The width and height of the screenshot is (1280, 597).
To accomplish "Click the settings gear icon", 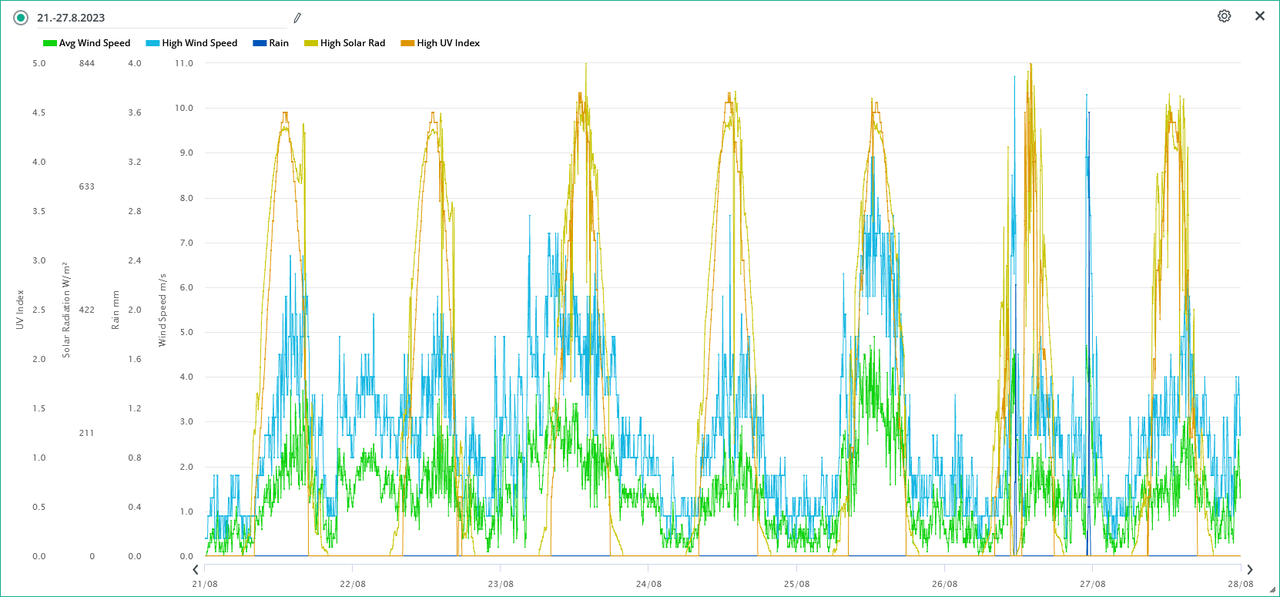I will (x=1224, y=16).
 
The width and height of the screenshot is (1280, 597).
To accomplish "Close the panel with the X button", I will (x=1260, y=16).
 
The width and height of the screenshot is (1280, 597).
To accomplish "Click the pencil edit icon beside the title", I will (x=297, y=18).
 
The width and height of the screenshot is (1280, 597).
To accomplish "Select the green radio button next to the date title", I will (x=21, y=18).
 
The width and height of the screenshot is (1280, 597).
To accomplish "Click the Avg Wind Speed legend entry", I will (x=87, y=43).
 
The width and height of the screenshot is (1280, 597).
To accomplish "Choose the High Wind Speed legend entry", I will (x=192, y=43).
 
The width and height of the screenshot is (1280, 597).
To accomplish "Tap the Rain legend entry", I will (x=271, y=43).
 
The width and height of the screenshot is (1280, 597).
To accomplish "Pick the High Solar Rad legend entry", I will (x=345, y=43).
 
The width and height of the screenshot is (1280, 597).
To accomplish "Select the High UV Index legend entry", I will (x=441, y=43).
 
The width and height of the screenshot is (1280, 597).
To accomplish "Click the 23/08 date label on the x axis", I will (x=501, y=584).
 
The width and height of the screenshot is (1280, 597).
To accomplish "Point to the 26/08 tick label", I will (x=944, y=584).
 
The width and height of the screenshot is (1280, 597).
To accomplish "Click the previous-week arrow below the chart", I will (x=196, y=569).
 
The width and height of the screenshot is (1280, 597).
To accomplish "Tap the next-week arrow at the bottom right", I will (x=1250, y=569).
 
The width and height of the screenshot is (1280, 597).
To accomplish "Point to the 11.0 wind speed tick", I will (x=184, y=63).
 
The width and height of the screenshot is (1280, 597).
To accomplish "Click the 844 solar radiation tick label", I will (x=87, y=63).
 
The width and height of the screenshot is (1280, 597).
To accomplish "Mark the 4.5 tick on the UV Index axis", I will (x=39, y=112).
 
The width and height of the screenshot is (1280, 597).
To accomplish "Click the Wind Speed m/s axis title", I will (x=163, y=310).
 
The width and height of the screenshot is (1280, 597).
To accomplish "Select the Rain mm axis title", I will (x=116, y=310).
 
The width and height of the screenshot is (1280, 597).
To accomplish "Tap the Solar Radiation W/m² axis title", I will (x=66, y=310).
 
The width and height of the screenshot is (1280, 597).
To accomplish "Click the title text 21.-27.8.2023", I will (x=71, y=18).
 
